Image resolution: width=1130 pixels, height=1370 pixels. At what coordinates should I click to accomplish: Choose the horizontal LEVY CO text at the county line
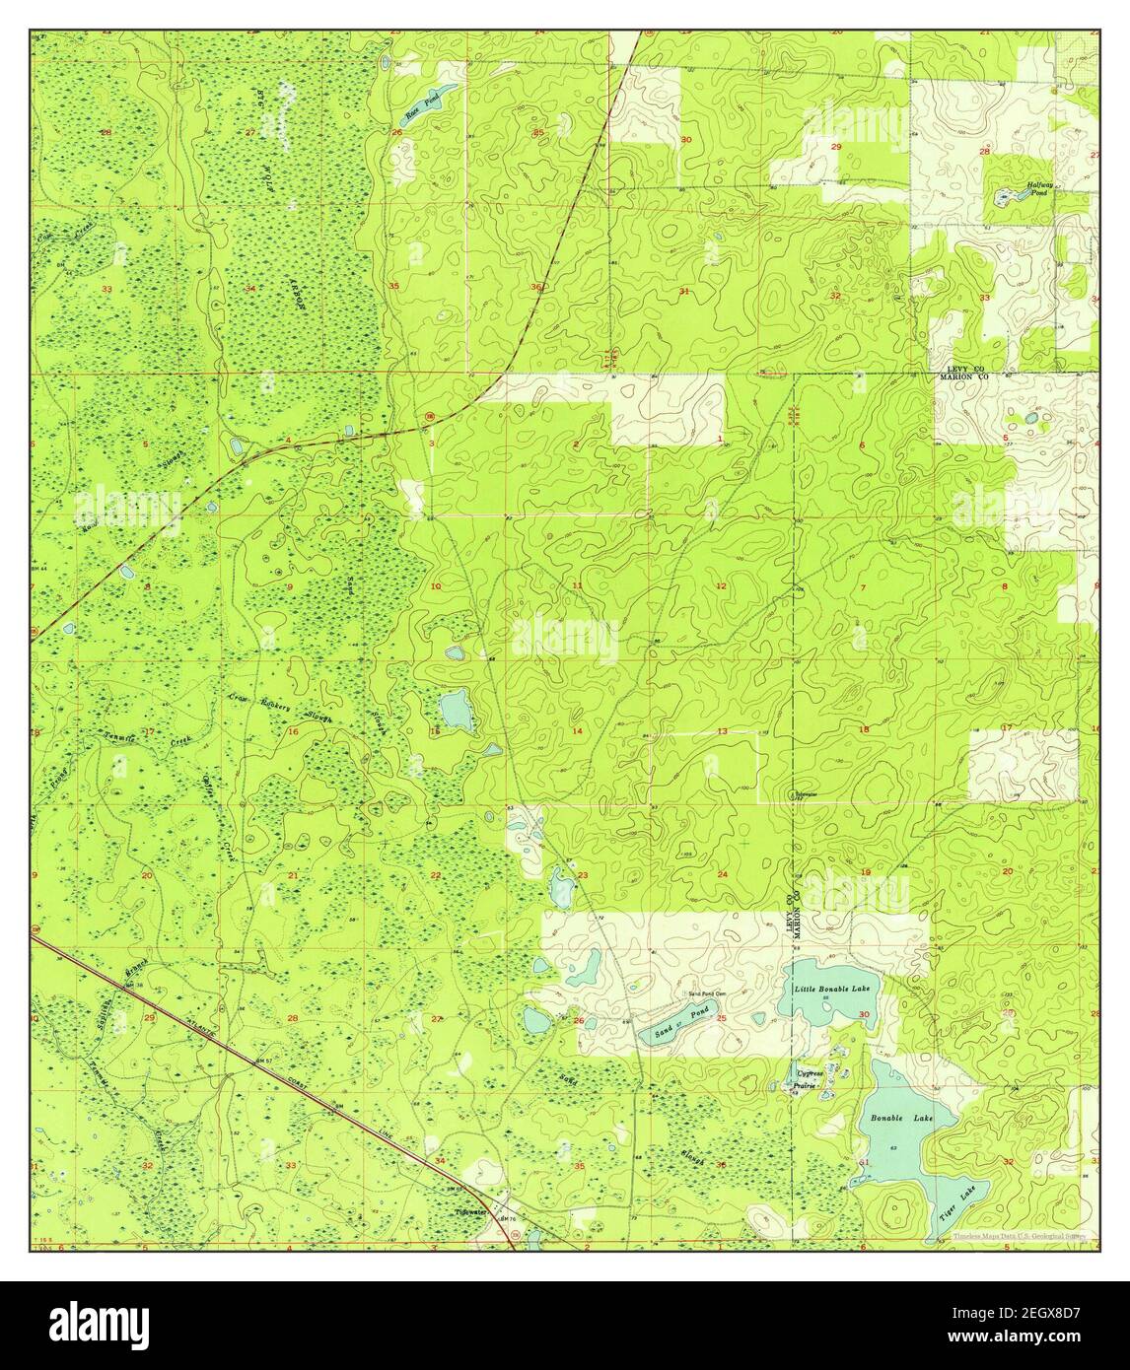[961, 368]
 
